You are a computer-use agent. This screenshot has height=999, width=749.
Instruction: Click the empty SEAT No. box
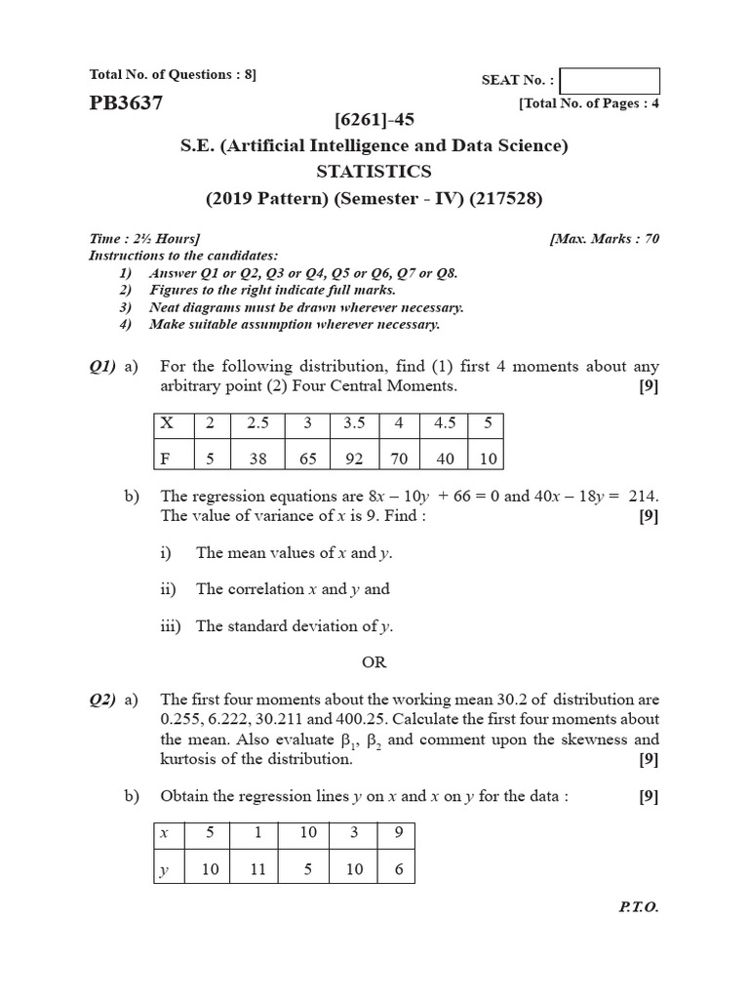(x=611, y=81)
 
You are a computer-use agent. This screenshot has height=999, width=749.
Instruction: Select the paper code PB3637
(x=126, y=102)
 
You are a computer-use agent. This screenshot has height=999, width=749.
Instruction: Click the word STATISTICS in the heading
(x=374, y=172)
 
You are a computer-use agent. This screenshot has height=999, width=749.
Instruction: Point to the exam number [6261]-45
(x=374, y=120)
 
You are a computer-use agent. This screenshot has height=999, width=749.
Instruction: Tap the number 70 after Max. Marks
(x=650, y=238)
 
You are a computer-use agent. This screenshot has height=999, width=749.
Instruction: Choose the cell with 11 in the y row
(x=257, y=869)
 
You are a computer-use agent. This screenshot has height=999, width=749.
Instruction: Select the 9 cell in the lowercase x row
(x=398, y=835)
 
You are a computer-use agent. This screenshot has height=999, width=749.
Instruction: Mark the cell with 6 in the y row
(x=398, y=869)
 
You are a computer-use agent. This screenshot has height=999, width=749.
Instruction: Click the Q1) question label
(x=101, y=367)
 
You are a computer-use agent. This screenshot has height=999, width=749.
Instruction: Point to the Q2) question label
(x=101, y=699)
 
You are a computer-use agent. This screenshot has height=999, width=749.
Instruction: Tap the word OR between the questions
(x=374, y=661)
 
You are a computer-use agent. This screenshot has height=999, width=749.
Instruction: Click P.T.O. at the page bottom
(x=639, y=906)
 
